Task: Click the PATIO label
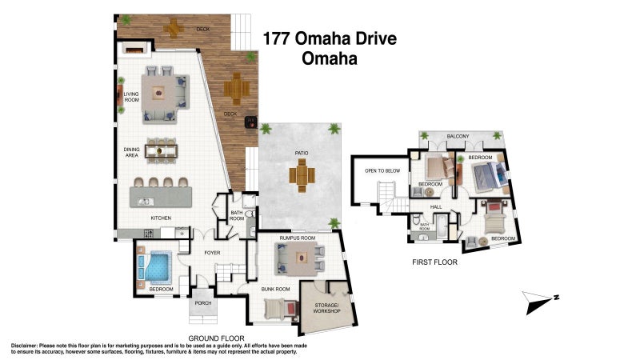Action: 301,153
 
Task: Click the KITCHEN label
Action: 162,218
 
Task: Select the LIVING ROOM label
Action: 131,97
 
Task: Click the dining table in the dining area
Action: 166,150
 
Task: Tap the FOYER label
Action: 212,253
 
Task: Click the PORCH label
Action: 204,304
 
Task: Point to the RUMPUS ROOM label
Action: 297,238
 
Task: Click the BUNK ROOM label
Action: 276,287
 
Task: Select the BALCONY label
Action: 458,136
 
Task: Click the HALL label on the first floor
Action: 437,207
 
